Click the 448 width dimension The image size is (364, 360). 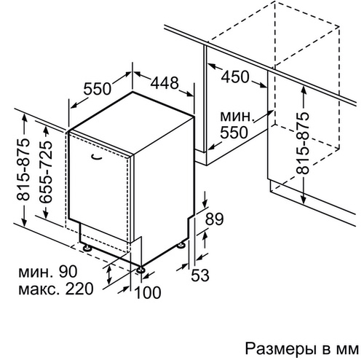[165, 83]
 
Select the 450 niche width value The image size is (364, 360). [235, 77]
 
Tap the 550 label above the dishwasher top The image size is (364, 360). [98, 88]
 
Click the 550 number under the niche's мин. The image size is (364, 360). [234, 133]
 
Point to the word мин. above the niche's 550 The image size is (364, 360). [237, 117]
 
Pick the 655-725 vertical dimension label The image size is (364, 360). [46, 172]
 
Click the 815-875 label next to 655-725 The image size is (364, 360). [23, 170]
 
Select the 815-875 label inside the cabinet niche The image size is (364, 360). [303, 143]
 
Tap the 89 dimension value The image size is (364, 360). [214, 219]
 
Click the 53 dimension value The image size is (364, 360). [200, 275]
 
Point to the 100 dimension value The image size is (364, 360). [148, 292]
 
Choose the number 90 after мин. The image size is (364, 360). [68, 272]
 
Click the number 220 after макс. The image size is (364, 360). [79, 289]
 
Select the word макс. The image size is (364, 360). [39, 289]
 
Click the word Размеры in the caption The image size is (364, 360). [282, 350]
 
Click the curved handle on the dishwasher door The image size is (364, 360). [98, 157]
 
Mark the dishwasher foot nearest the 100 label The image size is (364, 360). [141, 270]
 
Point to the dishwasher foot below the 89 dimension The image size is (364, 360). [181, 245]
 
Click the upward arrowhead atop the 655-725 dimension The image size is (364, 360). [46, 131]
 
